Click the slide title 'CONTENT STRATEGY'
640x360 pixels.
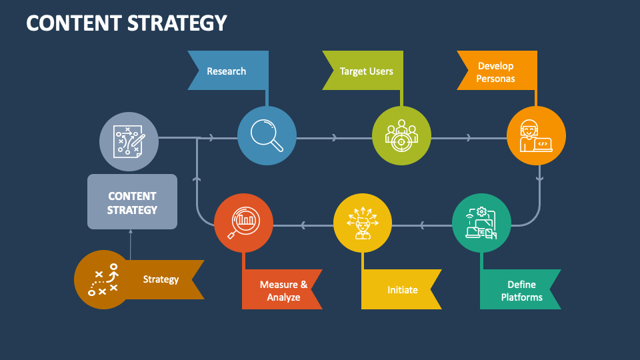(x=127, y=23)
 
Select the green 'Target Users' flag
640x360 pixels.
(x=366, y=71)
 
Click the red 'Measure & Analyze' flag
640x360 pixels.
(x=283, y=290)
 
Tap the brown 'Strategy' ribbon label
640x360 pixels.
(x=161, y=279)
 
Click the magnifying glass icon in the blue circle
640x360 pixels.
(x=267, y=135)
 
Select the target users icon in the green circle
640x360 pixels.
(x=401, y=135)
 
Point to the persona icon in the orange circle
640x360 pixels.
(x=536, y=136)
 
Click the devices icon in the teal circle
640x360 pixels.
(x=481, y=223)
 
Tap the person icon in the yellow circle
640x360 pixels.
(x=362, y=223)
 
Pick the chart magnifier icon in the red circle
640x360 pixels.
(x=243, y=223)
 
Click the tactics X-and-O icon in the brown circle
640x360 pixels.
(x=103, y=280)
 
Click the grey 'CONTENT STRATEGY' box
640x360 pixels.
(x=133, y=202)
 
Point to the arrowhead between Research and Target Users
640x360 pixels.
(x=334, y=138)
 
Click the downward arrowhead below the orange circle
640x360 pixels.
(x=539, y=178)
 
